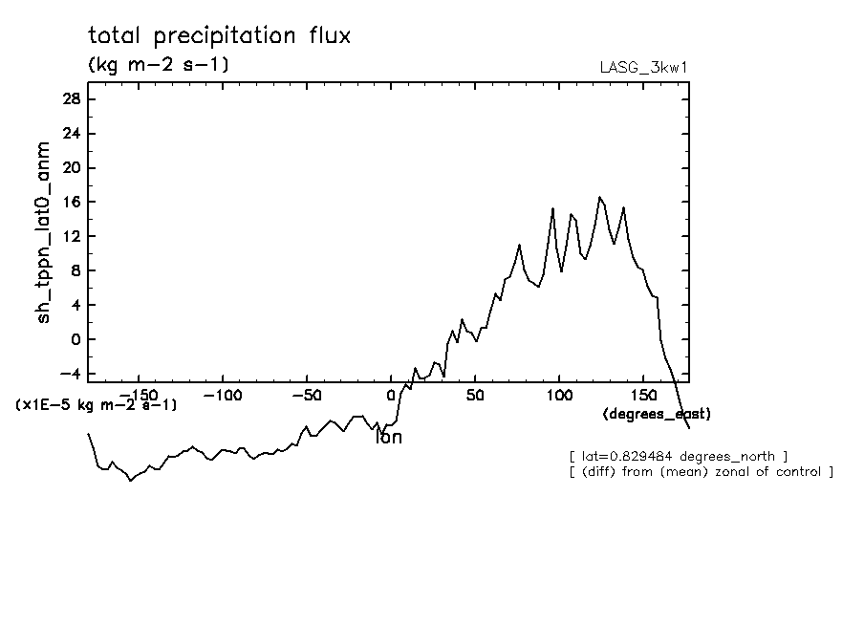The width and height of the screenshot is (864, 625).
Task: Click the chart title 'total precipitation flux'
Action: pos(219,36)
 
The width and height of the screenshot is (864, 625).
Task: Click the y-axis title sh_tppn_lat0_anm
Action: pos(44,231)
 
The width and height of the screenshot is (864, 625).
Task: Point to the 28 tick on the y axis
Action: pos(69,99)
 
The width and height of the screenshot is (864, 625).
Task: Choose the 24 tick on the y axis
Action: pos(69,134)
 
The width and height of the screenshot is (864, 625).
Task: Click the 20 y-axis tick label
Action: pos(69,168)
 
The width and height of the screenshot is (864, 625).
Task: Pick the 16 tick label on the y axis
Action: pos(69,203)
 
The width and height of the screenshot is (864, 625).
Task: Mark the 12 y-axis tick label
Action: pos(69,237)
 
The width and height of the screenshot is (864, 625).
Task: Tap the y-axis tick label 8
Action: pos(74,271)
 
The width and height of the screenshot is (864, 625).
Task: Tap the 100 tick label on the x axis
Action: pos(559,395)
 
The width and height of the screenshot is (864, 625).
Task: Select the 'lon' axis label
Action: pos(389,438)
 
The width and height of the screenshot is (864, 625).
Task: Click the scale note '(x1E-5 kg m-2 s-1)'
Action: pos(97,405)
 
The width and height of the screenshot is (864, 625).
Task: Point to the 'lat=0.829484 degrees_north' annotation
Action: pos(678,456)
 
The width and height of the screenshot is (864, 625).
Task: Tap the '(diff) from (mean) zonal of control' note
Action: pos(701,472)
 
